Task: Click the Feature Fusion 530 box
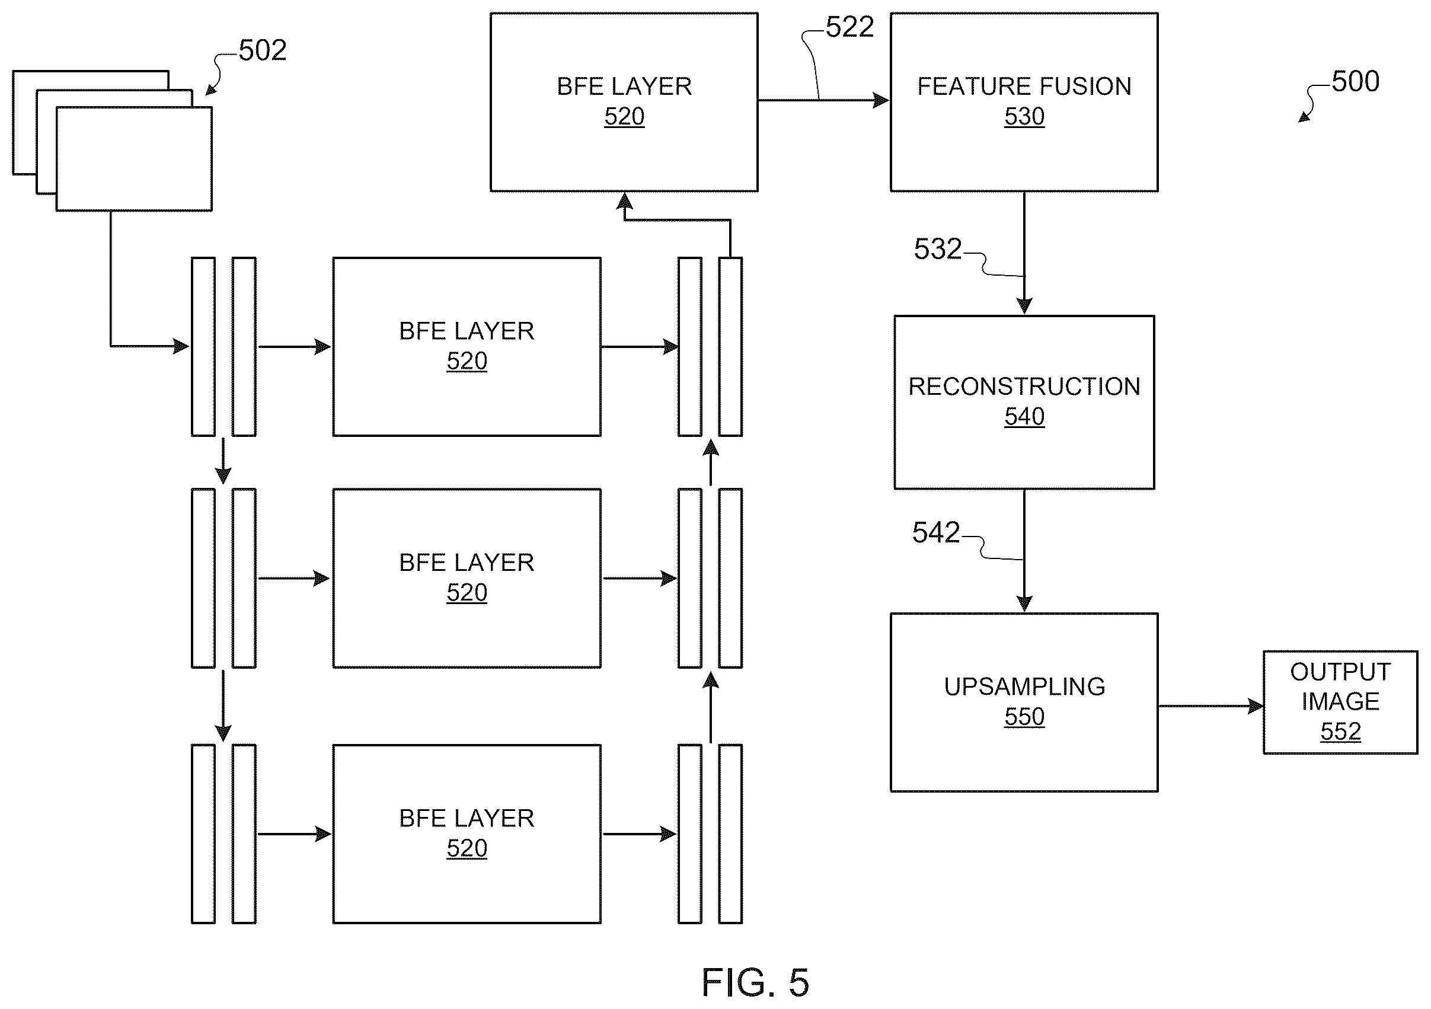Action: (1024, 102)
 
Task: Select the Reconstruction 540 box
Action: (1024, 403)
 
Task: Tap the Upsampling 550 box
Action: (1024, 703)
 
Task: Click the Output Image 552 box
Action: (1340, 703)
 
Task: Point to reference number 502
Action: (263, 50)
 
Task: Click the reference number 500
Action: (1355, 82)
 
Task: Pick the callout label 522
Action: (849, 27)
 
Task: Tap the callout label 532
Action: (937, 250)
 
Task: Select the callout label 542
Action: (936, 533)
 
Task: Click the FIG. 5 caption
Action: (755, 983)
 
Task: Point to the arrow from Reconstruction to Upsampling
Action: (1024, 551)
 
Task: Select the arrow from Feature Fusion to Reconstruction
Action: (1024, 253)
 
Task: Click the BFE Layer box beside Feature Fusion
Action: (624, 102)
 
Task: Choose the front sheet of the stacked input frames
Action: (134, 159)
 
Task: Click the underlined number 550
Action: (1024, 717)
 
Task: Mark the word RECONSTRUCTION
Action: (1024, 387)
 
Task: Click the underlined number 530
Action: (1024, 117)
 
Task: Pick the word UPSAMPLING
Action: (1024, 686)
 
